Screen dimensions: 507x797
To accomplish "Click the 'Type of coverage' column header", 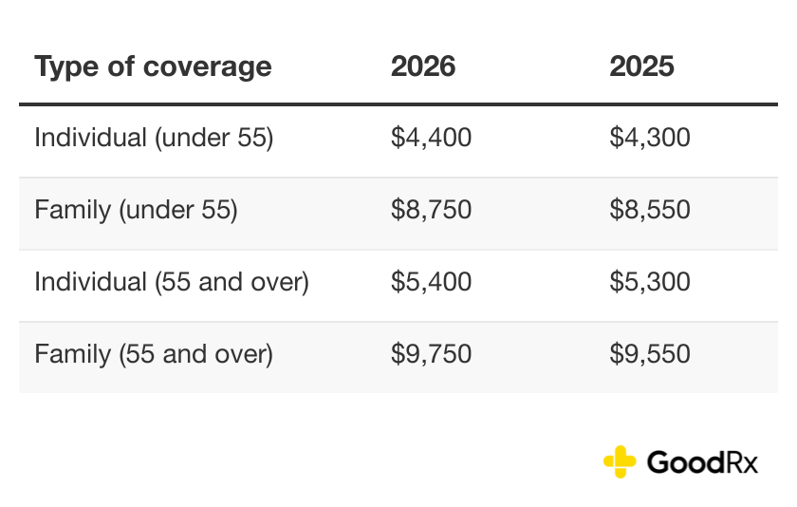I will [x=153, y=66].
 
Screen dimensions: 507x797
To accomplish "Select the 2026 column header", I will [x=423, y=66].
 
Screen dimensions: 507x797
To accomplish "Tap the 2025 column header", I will [x=641, y=66].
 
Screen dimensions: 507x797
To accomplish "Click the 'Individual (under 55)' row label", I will [x=154, y=138].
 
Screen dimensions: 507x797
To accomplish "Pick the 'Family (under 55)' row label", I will [x=136, y=210].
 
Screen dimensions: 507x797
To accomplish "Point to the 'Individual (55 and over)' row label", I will [x=172, y=282].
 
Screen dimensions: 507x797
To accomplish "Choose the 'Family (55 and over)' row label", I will [x=154, y=354].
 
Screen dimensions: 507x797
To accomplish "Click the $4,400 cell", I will [x=431, y=138].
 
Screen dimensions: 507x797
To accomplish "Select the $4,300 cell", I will [x=650, y=138].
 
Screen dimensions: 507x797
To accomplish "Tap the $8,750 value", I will [x=431, y=210].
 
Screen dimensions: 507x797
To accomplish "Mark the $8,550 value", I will [x=650, y=210].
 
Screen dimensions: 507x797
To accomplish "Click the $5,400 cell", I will [x=431, y=282].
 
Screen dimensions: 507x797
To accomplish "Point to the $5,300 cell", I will [x=650, y=282].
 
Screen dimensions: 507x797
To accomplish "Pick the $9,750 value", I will [x=431, y=354].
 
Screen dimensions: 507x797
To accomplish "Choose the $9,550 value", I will [x=650, y=354].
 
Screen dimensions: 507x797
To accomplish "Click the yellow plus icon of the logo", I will [x=620, y=461].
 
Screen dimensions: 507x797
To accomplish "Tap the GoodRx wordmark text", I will [x=702, y=462].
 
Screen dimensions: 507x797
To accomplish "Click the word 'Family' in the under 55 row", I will [x=72, y=210].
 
